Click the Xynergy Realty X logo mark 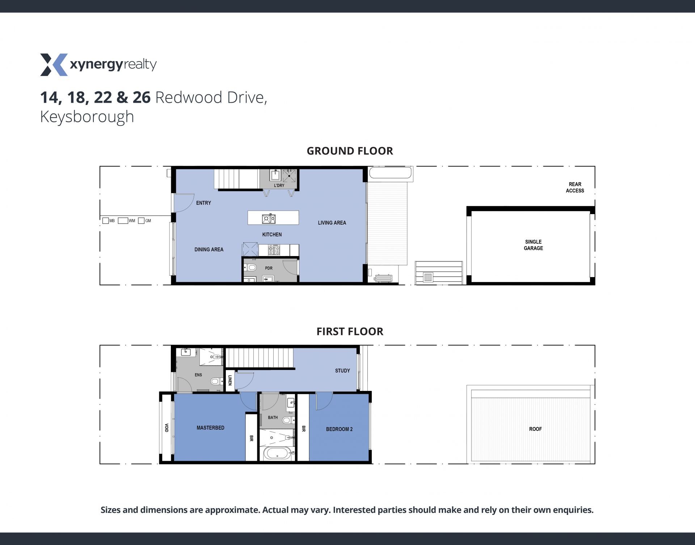pyautogui.click(x=54, y=65)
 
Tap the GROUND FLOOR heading pyautogui.click(x=350, y=151)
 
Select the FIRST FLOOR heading pyautogui.click(x=350, y=331)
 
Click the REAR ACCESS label pyautogui.click(x=575, y=187)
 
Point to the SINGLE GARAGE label pyautogui.click(x=533, y=245)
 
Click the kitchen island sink pyautogui.click(x=269, y=218)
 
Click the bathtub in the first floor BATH pyautogui.click(x=277, y=453)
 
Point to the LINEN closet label pyautogui.click(x=230, y=380)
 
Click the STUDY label pyautogui.click(x=342, y=371)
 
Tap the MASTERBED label pyautogui.click(x=210, y=428)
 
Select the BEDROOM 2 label pyautogui.click(x=339, y=429)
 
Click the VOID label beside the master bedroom pyautogui.click(x=167, y=428)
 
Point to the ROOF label pyautogui.click(x=535, y=429)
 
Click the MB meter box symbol pyautogui.click(x=105, y=221)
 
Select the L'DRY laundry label pyautogui.click(x=279, y=186)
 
